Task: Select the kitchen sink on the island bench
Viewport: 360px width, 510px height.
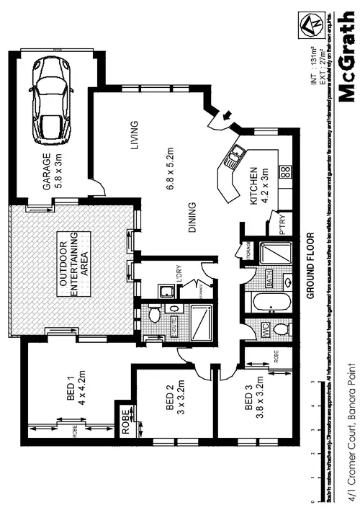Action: point(235,156)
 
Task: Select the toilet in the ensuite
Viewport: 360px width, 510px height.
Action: point(153,315)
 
